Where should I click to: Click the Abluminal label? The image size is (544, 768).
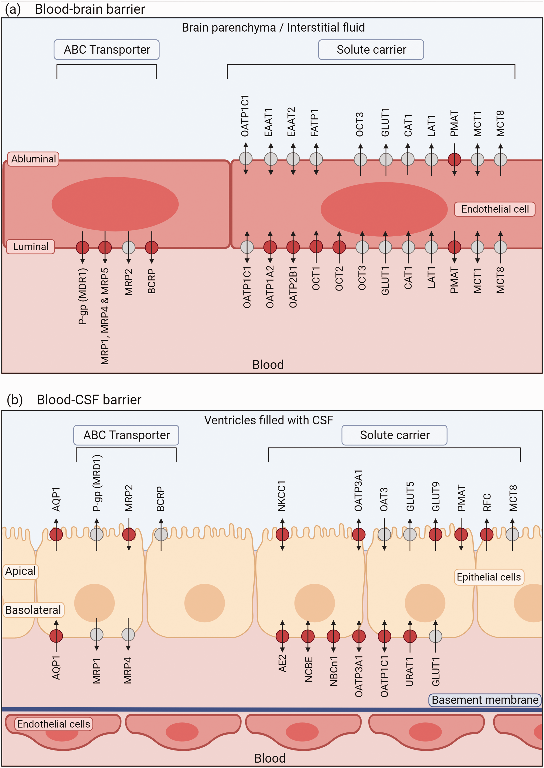[x=34, y=159]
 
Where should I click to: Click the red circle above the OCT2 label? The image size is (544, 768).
[x=339, y=247]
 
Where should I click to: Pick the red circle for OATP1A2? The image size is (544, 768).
[x=270, y=247]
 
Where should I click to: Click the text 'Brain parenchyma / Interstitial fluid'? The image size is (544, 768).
[x=273, y=27]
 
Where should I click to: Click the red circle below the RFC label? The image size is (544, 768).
[x=486, y=534]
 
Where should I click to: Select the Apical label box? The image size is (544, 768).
[x=20, y=571]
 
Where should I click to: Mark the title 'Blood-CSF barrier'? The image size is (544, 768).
[x=89, y=400]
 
